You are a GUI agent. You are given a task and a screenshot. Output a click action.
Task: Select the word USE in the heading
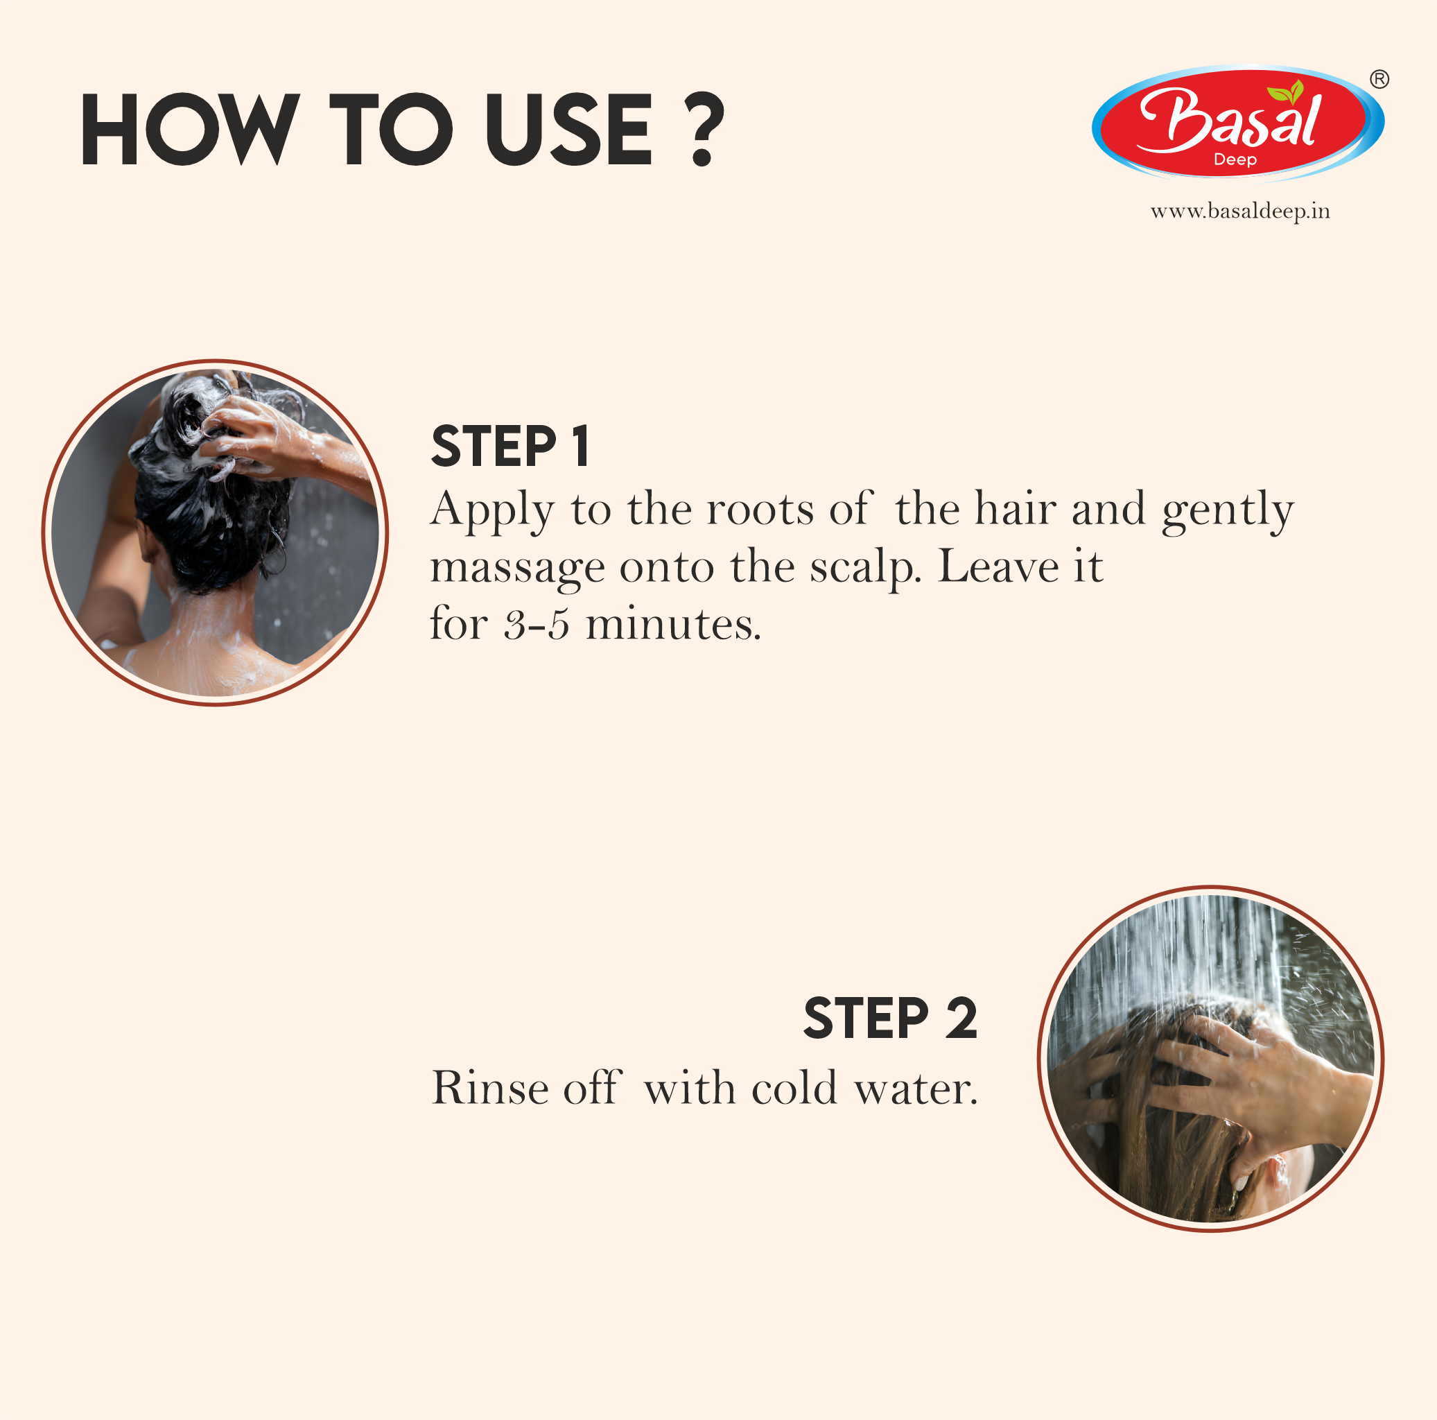tap(569, 130)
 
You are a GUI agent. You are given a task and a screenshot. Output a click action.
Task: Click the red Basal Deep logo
tap(1237, 124)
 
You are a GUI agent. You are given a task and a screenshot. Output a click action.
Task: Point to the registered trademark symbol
tap(1379, 79)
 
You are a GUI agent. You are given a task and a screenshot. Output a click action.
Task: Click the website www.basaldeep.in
tap(1240, 212)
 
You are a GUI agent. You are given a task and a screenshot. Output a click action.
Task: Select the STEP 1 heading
tap(510, 447)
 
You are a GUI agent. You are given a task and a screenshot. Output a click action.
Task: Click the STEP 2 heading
tap(889, 1019)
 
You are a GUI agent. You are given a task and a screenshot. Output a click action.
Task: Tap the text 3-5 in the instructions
tap(537, 625)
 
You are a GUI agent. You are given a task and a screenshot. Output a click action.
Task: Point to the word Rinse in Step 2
tap(489, 1089)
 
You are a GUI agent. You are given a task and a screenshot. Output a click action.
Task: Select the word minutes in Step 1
tap(673, 625)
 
